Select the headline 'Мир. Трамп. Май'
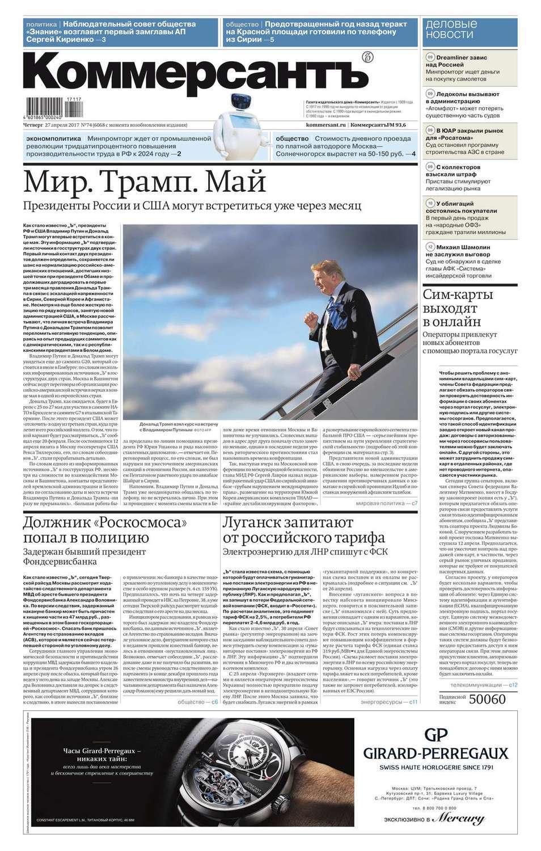145,182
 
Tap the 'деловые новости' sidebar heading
451,30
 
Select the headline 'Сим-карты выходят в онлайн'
458,308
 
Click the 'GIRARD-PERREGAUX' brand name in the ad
436,753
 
